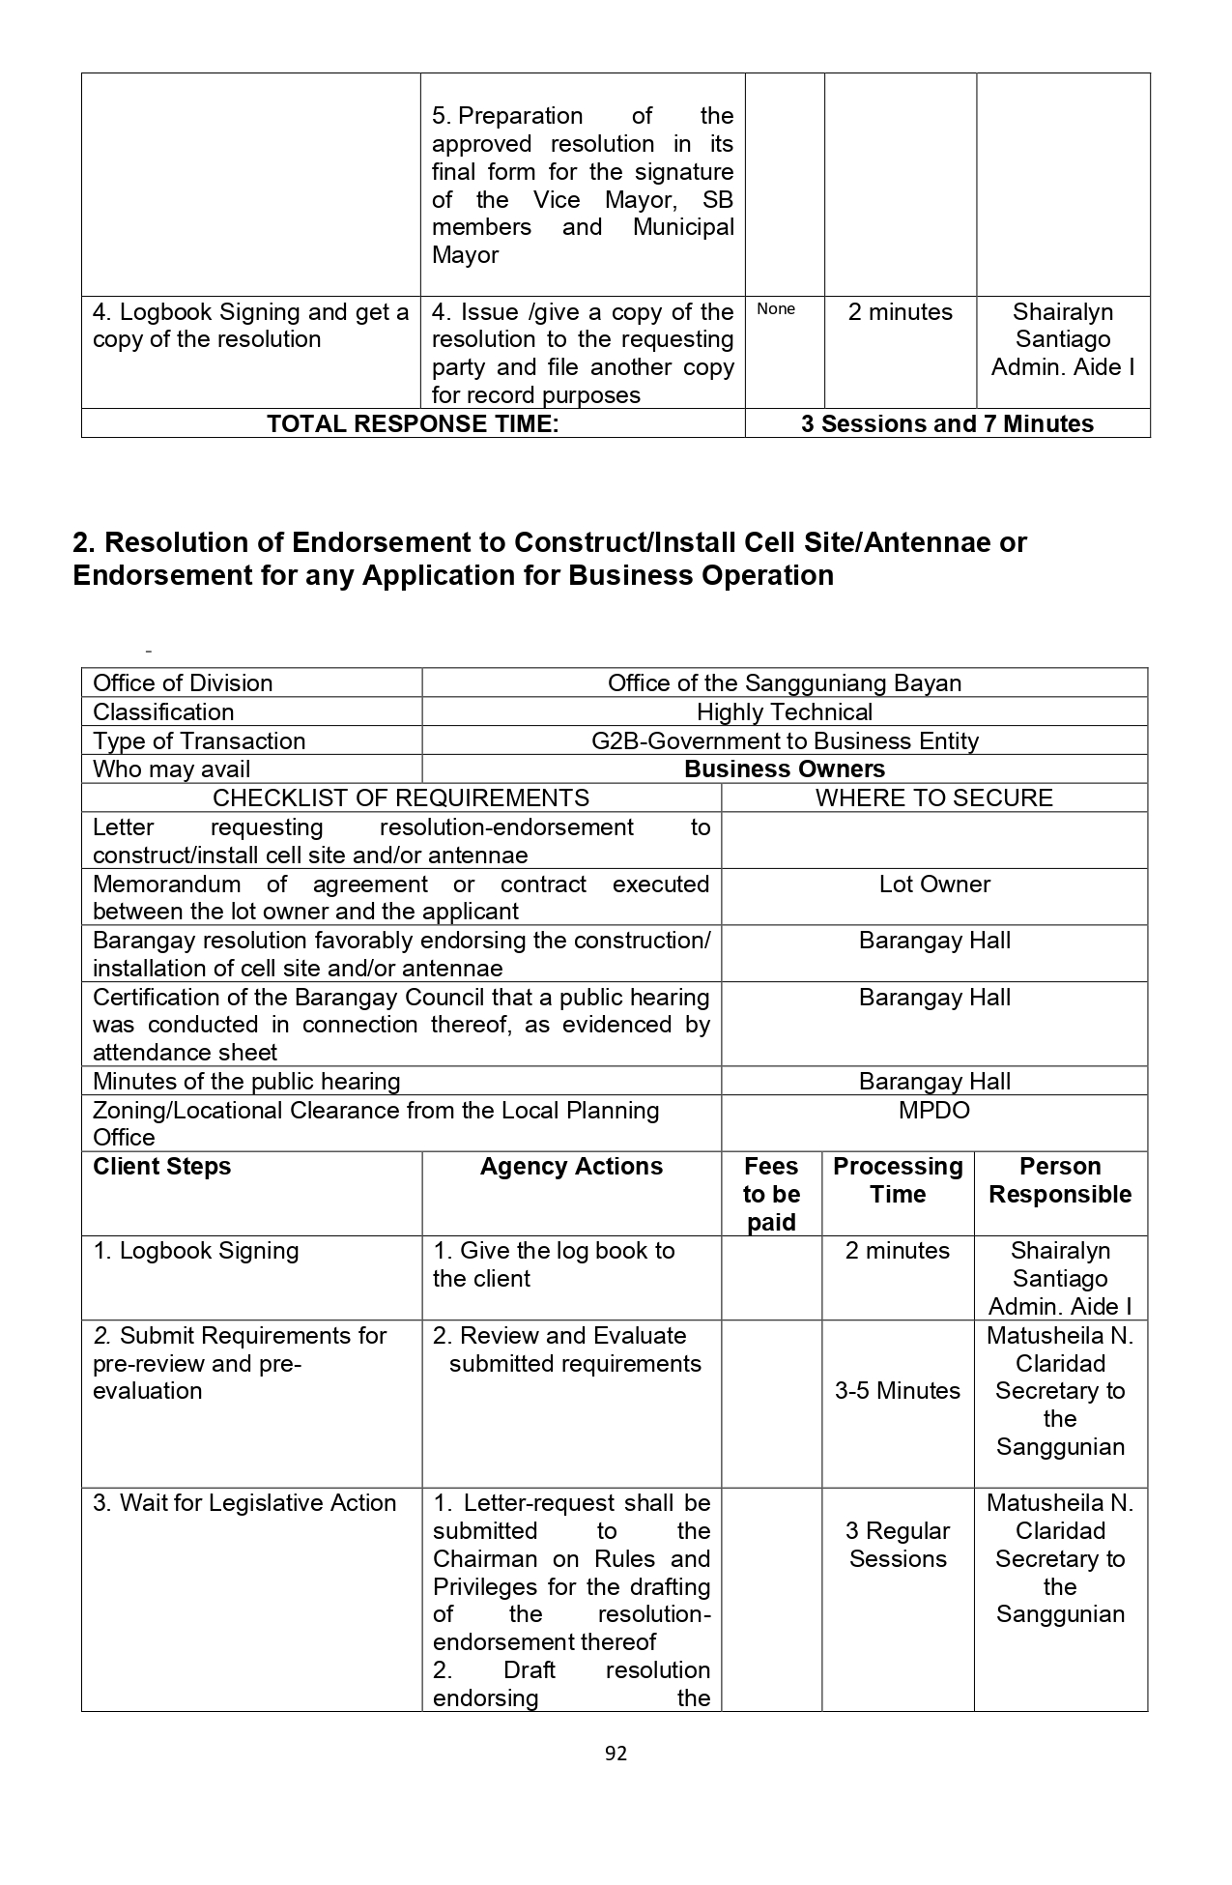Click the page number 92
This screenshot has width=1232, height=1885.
616,1754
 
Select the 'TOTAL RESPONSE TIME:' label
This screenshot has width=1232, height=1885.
413,424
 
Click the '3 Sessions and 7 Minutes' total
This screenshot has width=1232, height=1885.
947,424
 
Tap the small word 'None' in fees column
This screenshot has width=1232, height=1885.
776,309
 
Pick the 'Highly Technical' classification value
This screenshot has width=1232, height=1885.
785,712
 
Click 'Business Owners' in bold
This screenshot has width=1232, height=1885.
785,769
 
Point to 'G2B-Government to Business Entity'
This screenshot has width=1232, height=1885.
785,741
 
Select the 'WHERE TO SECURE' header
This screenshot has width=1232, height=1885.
933,798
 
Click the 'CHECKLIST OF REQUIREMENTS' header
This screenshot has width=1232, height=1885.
401,798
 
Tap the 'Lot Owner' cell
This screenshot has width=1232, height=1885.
934,884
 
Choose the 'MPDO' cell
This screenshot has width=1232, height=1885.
934,1111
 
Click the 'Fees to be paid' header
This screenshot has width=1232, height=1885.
771,1195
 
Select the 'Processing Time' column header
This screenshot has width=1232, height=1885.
898,1180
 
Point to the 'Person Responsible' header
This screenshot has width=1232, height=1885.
1060,1180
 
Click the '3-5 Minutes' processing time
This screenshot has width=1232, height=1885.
898,1391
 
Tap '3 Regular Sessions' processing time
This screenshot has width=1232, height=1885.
898,1545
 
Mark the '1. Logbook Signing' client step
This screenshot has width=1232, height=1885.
196,1251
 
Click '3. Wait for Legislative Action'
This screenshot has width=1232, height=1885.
244,1503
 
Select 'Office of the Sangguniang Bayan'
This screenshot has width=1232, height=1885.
785,683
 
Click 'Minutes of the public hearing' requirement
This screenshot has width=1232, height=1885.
246,1082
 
